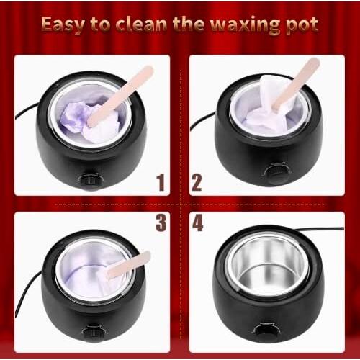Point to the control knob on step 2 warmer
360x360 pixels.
274,173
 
